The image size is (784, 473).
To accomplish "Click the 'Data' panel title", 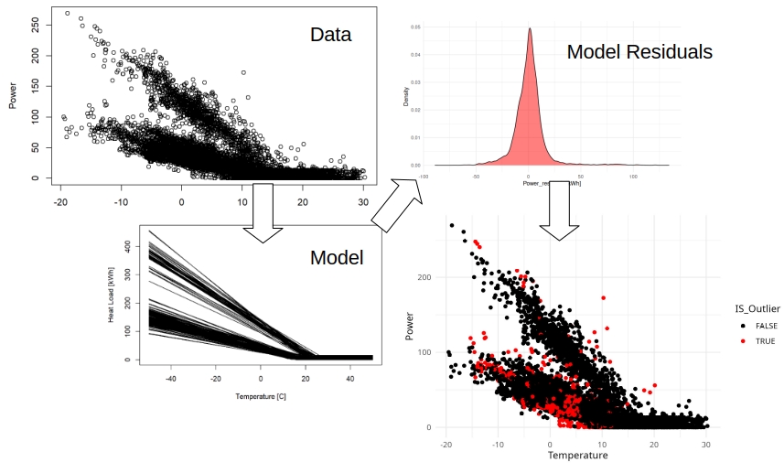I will pos(330,36).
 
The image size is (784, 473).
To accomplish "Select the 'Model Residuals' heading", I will pos(639,52).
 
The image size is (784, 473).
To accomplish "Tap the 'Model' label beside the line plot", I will pos(337,258).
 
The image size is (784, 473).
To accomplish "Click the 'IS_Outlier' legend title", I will pos(757,308).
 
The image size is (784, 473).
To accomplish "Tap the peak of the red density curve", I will pos(529,29).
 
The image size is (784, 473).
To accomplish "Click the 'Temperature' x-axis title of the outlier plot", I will pos(577,455).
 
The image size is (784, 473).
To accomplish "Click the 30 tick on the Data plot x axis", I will pos(363,200).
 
